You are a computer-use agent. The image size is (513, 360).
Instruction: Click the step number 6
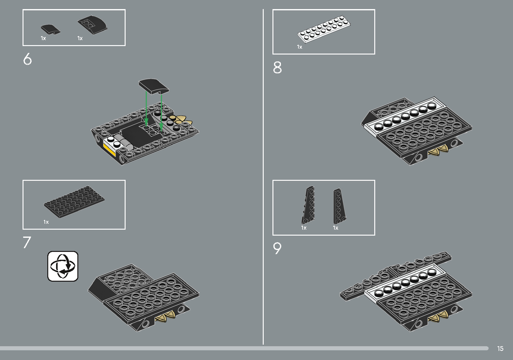tap(28, 59)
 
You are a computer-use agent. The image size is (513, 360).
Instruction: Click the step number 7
tap(27, 242)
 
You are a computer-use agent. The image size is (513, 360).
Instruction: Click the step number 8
tap(277, 67)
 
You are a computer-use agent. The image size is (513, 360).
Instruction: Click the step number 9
tap(277, 248)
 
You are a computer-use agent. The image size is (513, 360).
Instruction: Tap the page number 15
tap(500, 348)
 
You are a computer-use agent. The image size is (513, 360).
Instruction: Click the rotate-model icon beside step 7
tap(63, 266)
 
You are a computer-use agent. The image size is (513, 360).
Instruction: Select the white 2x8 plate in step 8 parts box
tap(324, 29)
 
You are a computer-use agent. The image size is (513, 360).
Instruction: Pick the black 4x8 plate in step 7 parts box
tap(74, 202)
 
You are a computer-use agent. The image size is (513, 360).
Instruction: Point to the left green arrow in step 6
tap(146, 108)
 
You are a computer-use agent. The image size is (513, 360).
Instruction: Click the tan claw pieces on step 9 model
tap(438, 316)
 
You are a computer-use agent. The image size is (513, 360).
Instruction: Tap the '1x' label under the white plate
tap(299, 47)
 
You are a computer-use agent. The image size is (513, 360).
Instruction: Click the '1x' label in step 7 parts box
tap(46, 222)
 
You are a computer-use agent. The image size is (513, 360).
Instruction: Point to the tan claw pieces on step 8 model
tap(438, 151)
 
